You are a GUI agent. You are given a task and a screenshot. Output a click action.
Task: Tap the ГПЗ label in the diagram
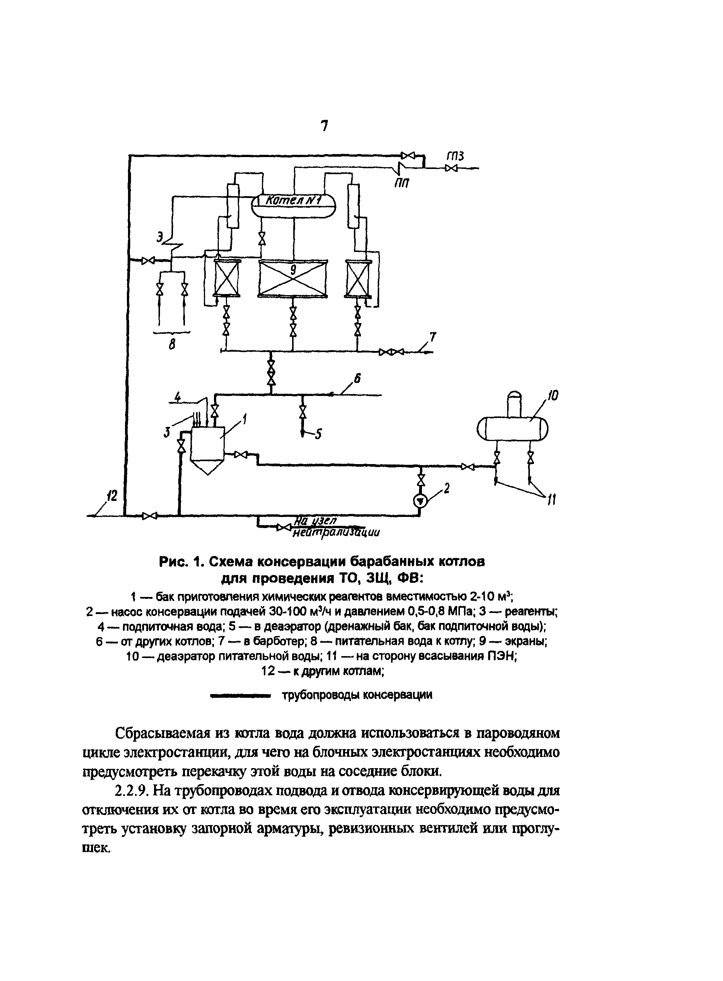(x=455, y=156)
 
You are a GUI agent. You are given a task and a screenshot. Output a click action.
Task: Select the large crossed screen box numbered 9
(x=293, y=278)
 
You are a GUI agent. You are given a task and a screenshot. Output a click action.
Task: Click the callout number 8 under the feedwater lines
(x=172, y=345)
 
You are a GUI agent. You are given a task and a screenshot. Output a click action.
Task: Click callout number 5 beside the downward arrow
(x=319, y=434)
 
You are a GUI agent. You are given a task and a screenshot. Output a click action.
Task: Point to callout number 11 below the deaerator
(x=551, y=499)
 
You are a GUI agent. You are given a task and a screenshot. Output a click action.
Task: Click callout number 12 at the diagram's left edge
(x=112, y=496)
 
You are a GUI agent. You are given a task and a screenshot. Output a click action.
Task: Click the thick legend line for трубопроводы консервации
(x=240, y=695)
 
